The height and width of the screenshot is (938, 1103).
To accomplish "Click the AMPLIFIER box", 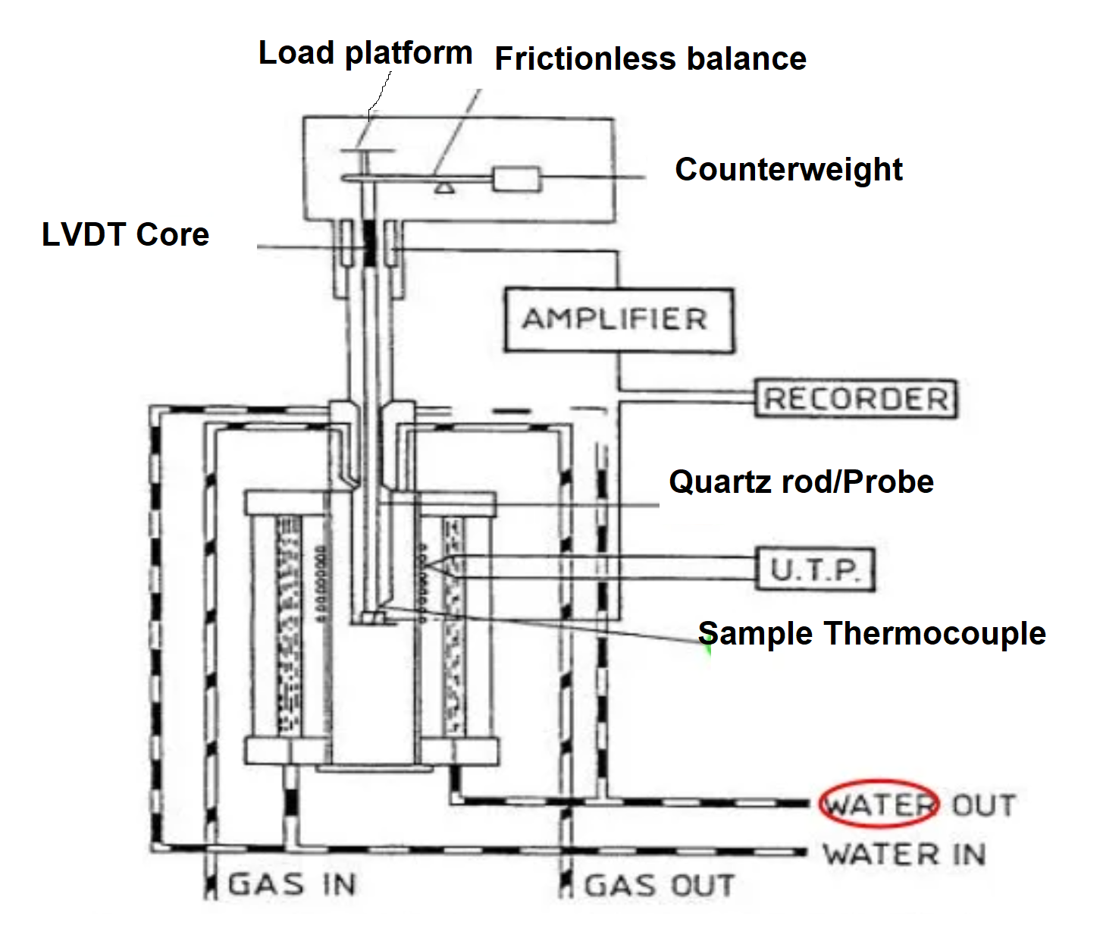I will coord(618,319).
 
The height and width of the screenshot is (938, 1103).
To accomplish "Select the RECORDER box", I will coord(856,399).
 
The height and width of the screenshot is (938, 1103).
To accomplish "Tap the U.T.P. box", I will coord(816,569).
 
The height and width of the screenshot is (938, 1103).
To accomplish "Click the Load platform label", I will coord(365,53).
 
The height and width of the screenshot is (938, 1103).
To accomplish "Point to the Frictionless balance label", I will coord(650,58).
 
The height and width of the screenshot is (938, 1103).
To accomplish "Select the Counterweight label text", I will coord(788,169).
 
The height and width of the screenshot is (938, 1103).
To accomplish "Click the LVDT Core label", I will coord(125,234).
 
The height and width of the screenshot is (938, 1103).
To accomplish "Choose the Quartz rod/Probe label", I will coord(801,482).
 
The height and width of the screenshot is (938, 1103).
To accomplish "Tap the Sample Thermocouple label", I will coord(872,633).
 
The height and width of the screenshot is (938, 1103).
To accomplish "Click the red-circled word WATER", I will coord(879,805).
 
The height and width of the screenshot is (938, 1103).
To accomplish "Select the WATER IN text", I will coord(904,855).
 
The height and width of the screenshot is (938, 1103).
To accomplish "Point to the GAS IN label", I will coord(292,885).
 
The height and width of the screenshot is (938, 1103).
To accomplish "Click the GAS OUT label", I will coord(659,886).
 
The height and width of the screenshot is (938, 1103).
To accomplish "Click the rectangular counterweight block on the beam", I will coord(516,179).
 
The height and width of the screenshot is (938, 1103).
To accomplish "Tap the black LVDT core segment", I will coord(371,242).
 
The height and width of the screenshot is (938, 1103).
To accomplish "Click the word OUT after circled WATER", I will coord(983,805).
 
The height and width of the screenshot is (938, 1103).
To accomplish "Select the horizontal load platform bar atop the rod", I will coord(368,151).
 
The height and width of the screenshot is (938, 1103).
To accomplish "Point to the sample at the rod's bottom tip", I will coord(371,619).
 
